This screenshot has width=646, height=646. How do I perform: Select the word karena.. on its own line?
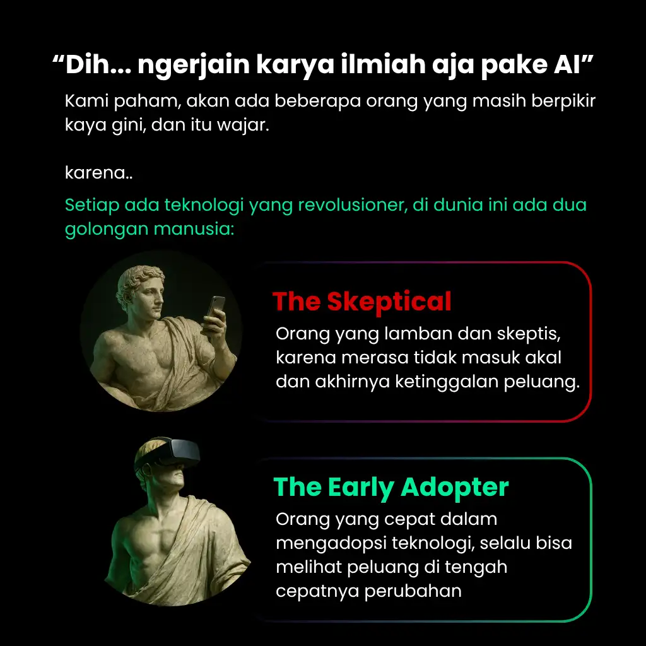[x=99, y=173]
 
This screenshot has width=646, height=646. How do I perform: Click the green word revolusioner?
[x=352, y=205]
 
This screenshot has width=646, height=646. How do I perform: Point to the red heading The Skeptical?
[x=362, y=302]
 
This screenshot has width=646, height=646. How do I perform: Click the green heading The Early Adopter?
[x=391, y=488]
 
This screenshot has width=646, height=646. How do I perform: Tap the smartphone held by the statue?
[x=216, y=307]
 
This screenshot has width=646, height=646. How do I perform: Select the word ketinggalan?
[x=447, y=382]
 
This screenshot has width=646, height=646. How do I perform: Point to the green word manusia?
[x=194, y=229]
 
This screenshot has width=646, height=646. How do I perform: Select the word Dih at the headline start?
[x=88, y=65]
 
